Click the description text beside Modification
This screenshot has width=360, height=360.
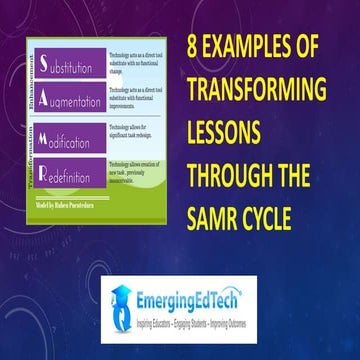(133, 135)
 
